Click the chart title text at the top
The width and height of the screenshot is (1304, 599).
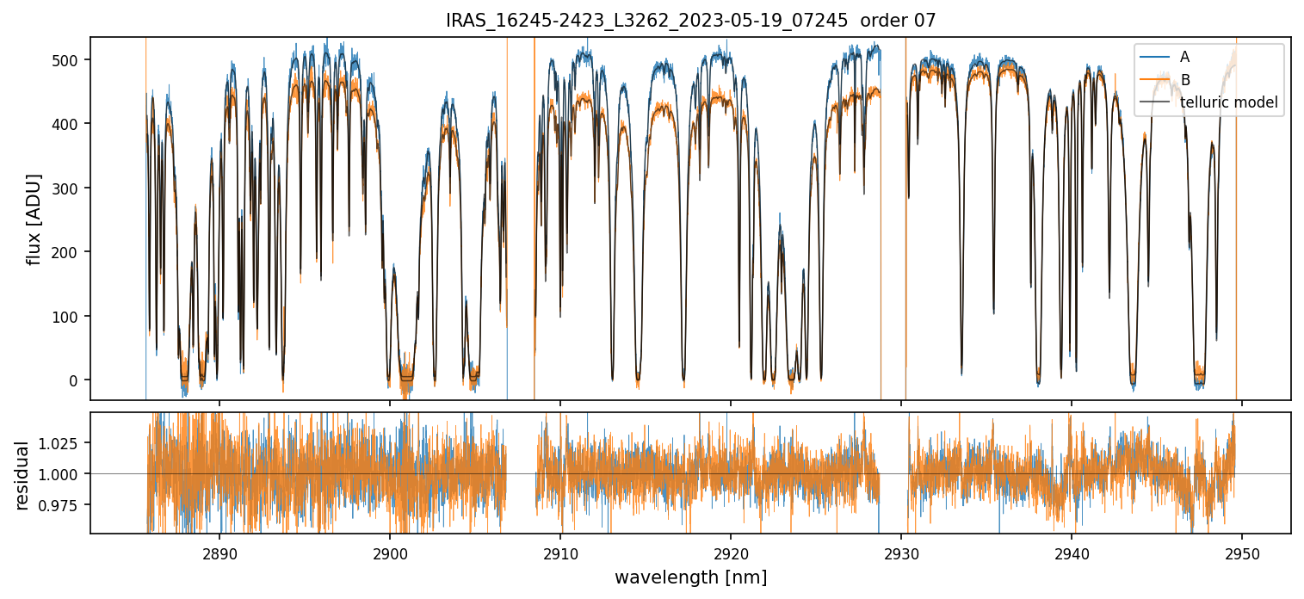point(690,21)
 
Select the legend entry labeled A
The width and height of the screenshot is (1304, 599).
point(1184,57)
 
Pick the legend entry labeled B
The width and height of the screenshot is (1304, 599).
point(1184,80)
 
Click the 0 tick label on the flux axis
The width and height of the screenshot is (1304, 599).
point(73,380)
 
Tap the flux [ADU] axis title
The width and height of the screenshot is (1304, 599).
point(34,219)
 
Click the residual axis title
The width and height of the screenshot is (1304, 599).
point(23,474)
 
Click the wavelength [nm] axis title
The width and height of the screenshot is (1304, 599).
point(690,577)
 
